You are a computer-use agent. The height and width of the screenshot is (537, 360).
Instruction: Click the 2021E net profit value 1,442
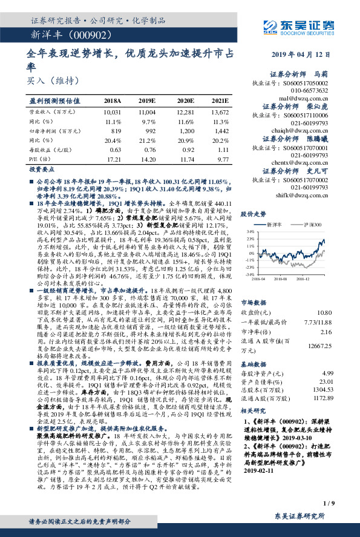click(222, 130)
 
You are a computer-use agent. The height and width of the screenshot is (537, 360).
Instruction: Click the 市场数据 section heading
click(255, 301)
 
